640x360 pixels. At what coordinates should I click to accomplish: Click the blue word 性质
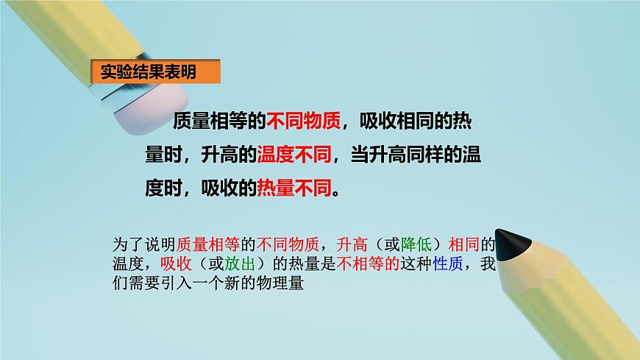tap(450, 263)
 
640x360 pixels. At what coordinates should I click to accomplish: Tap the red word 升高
tap(351, 243)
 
